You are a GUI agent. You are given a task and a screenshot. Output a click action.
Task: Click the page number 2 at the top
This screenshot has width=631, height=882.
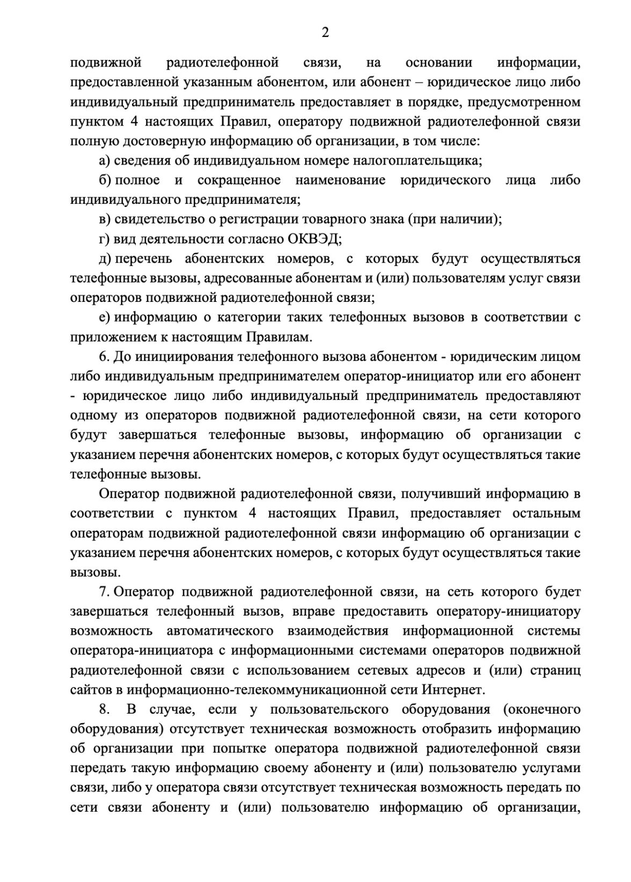[x=325, y=33]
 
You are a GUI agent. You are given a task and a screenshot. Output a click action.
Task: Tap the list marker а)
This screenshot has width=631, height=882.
[x=104, y=160]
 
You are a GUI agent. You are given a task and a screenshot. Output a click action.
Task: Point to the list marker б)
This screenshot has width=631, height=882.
[x=105, y=180]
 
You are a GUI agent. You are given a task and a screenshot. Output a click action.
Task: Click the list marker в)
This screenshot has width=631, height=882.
[x=104, y=219]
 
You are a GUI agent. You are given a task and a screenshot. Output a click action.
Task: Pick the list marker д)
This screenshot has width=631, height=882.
[x=105, y=259]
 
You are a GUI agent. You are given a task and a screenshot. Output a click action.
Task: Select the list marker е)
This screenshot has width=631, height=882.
[x=105, y=317]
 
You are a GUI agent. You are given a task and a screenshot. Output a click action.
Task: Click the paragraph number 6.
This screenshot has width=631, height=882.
[x=104, y=357]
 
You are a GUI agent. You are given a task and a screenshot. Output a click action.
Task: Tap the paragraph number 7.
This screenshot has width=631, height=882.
[x=104, y=592]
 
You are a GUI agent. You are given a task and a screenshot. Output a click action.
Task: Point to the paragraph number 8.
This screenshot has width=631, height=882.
[x=104, y=710]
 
